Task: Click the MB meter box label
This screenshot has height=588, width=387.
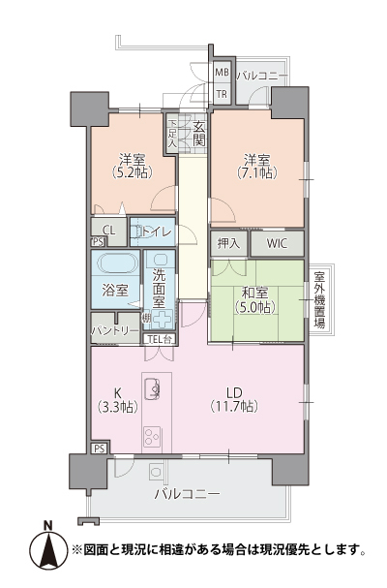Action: pyautogui.click(x=222, y=73)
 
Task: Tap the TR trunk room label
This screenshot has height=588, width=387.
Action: pyautogui.click(x=222, y=94)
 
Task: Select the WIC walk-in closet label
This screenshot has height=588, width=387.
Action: pyautogui.click(x=278, y=244)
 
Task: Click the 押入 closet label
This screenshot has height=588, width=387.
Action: pyautogui.click(x=228, y=244)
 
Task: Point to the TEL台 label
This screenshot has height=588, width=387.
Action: pyautogui.click(x=160, y=339)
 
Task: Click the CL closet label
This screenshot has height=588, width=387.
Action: pyautogui.click(x=109, y=231)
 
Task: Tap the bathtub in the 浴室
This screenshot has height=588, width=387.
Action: pyautogui.click(x=116, y=264)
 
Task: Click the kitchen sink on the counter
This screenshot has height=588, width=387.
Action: pyautogui.click(x=152, y=389)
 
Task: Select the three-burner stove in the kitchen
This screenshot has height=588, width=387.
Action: pyautogui.click(x=152, y=437)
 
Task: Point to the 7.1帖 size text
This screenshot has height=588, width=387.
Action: pyautogui.click(x=257, y=172)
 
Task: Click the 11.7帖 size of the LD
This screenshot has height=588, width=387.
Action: pyautogui.click(x=234, y=406)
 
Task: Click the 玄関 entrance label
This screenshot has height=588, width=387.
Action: pyautogui.click(x=199, y=134)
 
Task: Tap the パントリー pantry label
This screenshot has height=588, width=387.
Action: pyautogui.click(x=115, y=330)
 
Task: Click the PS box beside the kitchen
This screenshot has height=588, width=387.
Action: pyautogui.click(x=100, y=449)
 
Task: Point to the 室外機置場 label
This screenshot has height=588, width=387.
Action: pyautogui.click(x=319, y=300)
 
